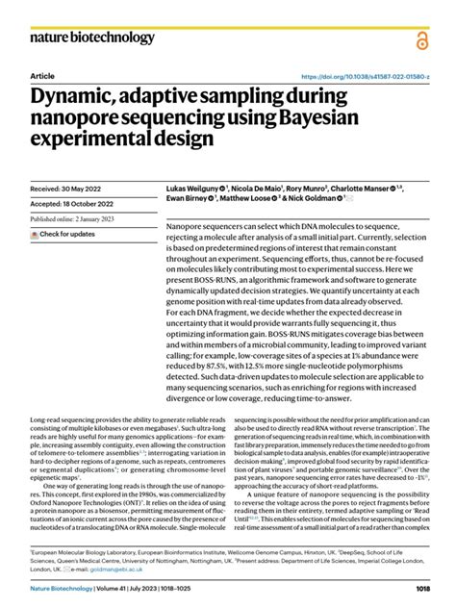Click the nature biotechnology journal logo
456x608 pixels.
pyautogui.click(x=92, y=38)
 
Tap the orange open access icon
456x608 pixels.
pyautogui.click(x=422, y=39)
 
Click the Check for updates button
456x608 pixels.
pyautogui.click(x=63, y=234)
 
